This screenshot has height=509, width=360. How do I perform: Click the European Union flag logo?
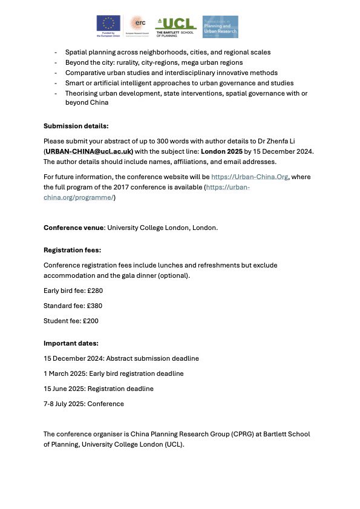pyautogui.click(x=109, y=26)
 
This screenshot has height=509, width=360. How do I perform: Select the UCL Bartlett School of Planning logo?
pyautogui.click(x=176, y=27)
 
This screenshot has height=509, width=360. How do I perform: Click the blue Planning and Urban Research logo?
pyautogui.click(x=220, y=27)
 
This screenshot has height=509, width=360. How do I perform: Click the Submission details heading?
pyautogui.click(x=76, y=126)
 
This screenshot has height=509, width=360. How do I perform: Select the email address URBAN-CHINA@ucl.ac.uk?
pyautogui.click(x=89, y=151)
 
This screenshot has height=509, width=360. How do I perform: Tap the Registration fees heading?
pyautogui.click(x=72, y=250)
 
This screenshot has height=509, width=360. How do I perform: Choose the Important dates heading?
pyautogui.click(x=71, y=343)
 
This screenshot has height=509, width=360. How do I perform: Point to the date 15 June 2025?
pyautogui.click(x=65, y=389)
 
